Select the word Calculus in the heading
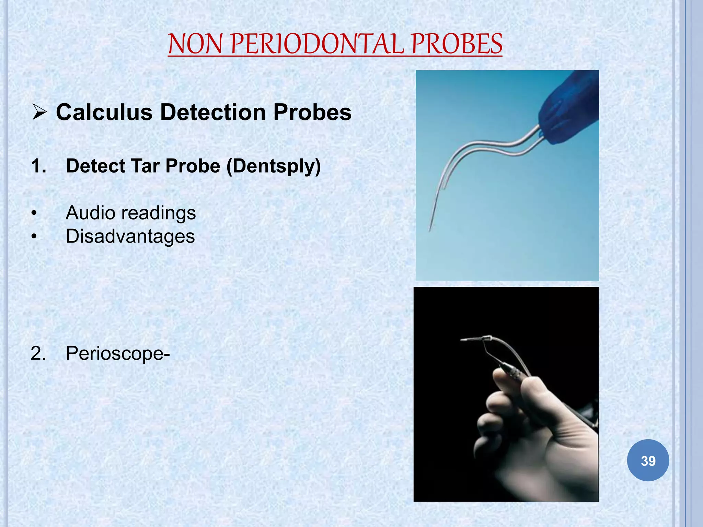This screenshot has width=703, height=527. (104, 112)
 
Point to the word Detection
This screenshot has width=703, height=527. (213, 112)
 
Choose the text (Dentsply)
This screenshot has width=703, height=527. (274, 166)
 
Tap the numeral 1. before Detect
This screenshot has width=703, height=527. (38, 166)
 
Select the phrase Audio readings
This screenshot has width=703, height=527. (130, 213)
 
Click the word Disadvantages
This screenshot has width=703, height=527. (130, 236)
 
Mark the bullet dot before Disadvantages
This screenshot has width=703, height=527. (34, 237)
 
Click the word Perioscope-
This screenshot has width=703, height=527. (118, 353)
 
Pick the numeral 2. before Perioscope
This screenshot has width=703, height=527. (38, 353)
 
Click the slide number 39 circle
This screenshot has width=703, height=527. (648, 460)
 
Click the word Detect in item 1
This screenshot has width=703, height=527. (95, 166)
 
